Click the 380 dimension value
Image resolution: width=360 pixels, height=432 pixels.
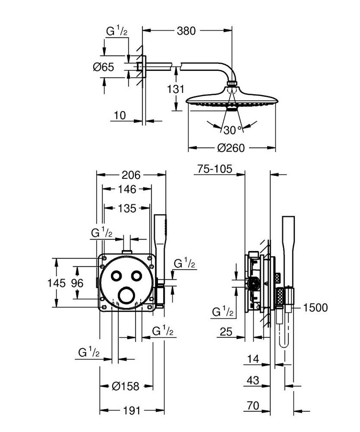186,31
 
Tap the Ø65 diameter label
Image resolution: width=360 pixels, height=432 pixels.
104,67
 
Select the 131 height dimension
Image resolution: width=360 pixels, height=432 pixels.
176,89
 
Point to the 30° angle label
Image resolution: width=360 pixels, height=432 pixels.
232,129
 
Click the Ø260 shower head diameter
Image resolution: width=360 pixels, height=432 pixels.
231,148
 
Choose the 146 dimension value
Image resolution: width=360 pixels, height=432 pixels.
127,189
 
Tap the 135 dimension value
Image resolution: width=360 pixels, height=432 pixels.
127,208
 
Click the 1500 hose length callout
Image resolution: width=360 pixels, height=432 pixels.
315,307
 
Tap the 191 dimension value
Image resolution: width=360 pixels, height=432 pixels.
132,411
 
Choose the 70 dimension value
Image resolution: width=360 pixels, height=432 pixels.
253,406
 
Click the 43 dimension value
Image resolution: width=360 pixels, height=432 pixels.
253,381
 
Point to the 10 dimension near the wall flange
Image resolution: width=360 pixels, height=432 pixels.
120,116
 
